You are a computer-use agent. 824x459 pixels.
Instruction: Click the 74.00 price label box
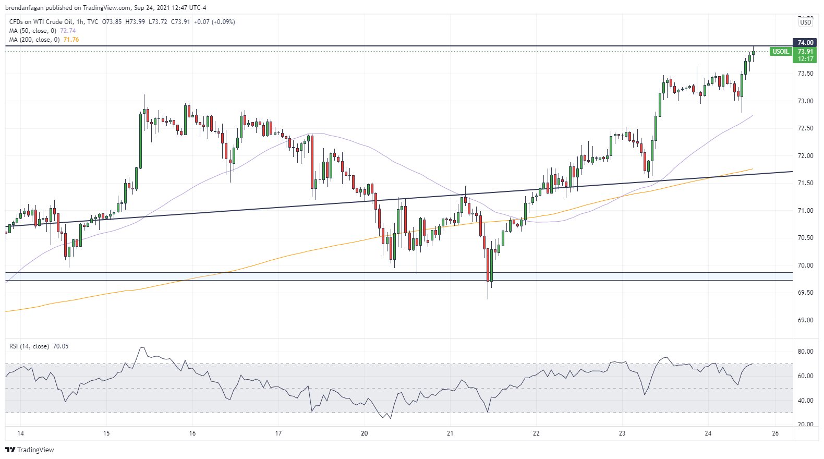tap(805, 42)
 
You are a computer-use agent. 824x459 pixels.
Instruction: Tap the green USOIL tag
tap(781, 51)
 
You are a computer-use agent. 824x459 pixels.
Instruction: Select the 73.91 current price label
tap(805, 51)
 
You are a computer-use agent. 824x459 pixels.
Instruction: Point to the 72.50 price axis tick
tap(805, 128)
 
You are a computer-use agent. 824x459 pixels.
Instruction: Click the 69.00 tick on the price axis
tap(805, 320)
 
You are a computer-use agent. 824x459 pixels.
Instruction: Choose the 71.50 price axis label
tap(805, 183)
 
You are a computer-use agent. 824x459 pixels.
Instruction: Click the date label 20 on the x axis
tap(364, 433)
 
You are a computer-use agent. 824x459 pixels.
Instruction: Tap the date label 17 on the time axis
tap(278, 433)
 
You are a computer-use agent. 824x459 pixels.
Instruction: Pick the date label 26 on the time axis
tap(775, 433)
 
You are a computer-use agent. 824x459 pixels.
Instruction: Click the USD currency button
tap(806, 22)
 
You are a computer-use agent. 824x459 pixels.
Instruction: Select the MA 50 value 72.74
tap(68, 31)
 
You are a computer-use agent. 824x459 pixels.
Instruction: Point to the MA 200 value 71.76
tap(71, 40)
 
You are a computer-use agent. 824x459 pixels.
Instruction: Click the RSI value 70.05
tap(60, 346)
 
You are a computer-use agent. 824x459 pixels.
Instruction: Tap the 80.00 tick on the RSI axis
tap(805, 352)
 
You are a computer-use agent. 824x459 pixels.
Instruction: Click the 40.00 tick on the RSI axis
tap(805, 401)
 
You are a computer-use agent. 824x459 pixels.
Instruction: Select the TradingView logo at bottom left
tap(30, 450)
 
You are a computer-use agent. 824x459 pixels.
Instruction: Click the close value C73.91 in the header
tap(180, 22)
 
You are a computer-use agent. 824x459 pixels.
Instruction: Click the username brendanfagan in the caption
tap(24, 8)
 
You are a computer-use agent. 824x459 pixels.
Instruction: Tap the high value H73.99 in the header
tap(135, 22)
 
